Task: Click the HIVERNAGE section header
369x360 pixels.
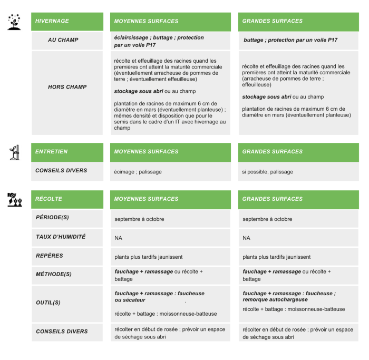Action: click(52, 21)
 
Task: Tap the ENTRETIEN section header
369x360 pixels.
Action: click(51, 152)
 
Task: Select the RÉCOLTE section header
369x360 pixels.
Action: click(48, 199)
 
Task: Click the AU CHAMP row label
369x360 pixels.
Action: click(63, 40)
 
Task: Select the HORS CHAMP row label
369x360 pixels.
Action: click(67, 87)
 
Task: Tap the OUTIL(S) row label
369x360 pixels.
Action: click(48, 303)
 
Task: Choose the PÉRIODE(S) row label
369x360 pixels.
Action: click(53, 218)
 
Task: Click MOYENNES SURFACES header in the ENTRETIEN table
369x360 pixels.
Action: click(146, 152)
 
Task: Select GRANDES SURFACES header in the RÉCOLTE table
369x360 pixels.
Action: click(272, 199)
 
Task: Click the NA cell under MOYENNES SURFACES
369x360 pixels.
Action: click(118, 238)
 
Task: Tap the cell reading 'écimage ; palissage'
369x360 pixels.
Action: click(138, 172)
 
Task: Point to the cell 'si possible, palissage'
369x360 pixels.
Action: click(267, 172)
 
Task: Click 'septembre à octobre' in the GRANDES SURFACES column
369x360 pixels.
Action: click(267, 219)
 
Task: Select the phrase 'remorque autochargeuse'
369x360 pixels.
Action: click(275, 300)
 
